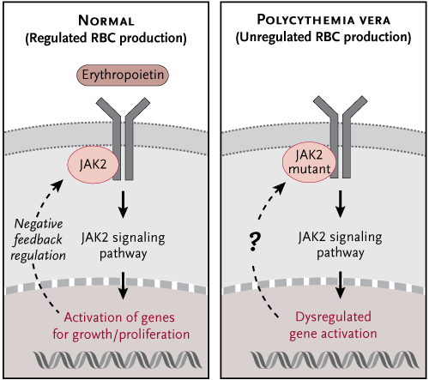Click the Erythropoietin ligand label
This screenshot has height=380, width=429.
123,75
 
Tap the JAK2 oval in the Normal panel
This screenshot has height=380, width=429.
93,165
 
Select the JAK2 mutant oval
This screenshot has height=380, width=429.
309,162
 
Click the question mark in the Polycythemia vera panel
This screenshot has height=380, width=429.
255,242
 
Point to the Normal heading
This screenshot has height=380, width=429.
106,21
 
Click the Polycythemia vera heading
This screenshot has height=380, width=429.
323,20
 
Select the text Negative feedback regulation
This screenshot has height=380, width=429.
38,240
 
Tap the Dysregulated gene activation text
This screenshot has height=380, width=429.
333,326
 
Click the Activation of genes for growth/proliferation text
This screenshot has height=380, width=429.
121,326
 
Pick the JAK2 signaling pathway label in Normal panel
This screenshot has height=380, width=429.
123,245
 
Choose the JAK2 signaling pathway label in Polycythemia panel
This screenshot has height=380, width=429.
340,245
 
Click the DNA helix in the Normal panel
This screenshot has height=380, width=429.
118,359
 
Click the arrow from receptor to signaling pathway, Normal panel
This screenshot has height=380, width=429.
123,204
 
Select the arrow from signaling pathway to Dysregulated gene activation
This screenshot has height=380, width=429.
340,285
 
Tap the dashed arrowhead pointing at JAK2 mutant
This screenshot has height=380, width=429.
280,188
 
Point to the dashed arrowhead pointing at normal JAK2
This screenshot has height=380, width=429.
58,185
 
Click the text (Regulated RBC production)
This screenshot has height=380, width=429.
106,39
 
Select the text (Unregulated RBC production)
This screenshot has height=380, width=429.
323,38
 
